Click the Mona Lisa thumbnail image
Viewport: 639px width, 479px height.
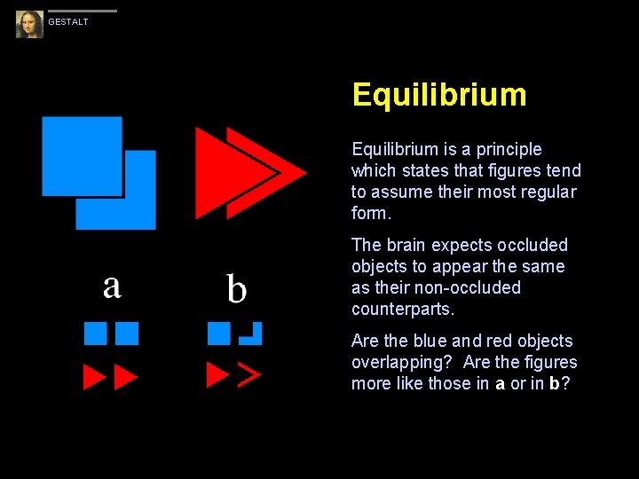click(x=29, y=24)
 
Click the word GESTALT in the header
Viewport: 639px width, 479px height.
click(x=68, y=22)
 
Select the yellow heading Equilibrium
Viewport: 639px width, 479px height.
click(x=438, y=95)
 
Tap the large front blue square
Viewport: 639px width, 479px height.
click(x=82, y=155)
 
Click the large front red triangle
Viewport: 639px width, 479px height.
click(x=231, y=171)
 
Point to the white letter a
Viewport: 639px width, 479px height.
click(x=112, y=286)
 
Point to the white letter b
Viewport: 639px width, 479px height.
click(x=236, y=288)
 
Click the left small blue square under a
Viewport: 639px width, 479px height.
click(x=95, y=333)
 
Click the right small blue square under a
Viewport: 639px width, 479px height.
click(x=127, y=333)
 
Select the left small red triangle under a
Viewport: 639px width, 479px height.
click(x=93, y=377)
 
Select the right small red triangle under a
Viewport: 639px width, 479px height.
click(x=125, y=377)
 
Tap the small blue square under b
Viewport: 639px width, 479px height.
click(x=218, y=333)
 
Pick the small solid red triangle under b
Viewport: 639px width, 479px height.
click(x=217, y=374)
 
